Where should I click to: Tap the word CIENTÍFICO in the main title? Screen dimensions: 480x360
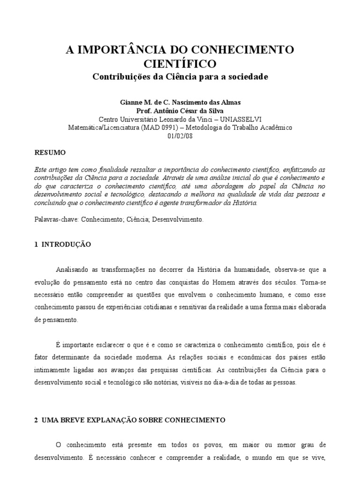click(180, 63)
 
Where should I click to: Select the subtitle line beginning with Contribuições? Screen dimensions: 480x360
click(180, 76)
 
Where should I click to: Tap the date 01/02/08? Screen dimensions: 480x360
click(180, 135)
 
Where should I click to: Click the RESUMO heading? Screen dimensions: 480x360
click(51, 153)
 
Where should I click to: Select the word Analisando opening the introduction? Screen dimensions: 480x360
click(73, 270)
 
